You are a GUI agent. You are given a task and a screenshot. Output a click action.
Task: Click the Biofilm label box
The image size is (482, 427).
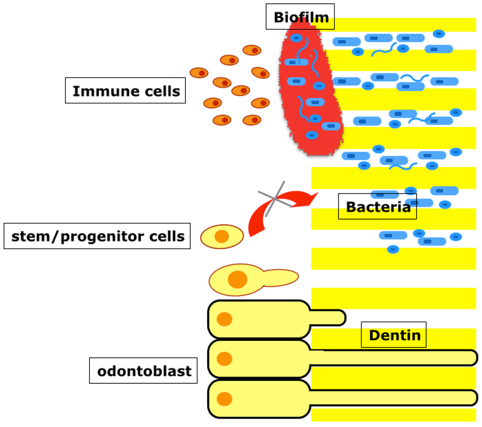point(300,17)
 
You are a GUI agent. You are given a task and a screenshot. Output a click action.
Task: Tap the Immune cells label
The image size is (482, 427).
point(125,91)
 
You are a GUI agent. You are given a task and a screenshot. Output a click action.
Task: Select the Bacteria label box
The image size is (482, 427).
point(378,206)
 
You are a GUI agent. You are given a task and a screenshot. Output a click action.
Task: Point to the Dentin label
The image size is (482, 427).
point(394,335)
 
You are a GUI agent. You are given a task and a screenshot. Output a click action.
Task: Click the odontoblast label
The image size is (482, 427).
point(144,371)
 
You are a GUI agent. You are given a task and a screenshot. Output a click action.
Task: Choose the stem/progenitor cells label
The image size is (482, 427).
point(97,236)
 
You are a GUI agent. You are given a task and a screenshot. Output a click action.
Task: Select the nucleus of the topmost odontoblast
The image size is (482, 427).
point(225,319)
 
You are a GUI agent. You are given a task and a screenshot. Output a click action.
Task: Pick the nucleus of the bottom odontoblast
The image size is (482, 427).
point(225,399)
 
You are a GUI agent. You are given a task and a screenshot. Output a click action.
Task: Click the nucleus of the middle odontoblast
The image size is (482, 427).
point(225,359)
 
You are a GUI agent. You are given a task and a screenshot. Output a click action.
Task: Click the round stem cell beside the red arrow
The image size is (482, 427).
point(222,237)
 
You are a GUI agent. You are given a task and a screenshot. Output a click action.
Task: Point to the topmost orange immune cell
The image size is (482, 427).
point(252,50)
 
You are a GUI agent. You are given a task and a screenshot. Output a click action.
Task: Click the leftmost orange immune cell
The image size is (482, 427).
point(199,72)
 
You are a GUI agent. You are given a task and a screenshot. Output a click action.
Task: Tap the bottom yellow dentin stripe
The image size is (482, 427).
point(394,415)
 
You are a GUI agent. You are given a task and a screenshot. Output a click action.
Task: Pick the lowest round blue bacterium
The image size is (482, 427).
point(393,249)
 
